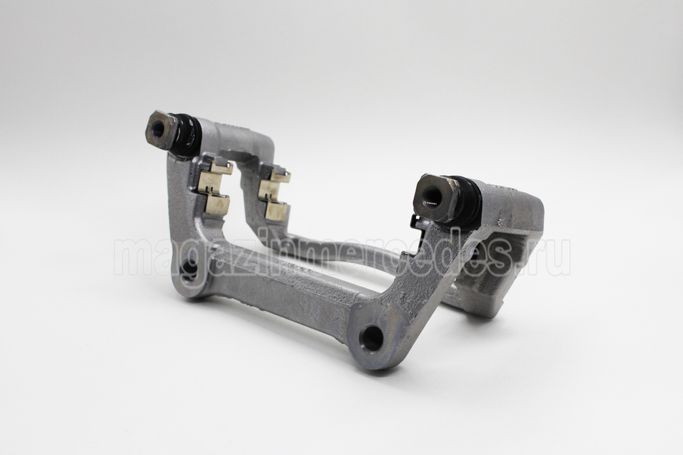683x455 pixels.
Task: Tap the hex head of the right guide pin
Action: click(434, 197)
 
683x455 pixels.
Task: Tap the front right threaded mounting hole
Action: click(372, 336)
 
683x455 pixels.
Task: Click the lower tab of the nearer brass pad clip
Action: click(213, 204)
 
